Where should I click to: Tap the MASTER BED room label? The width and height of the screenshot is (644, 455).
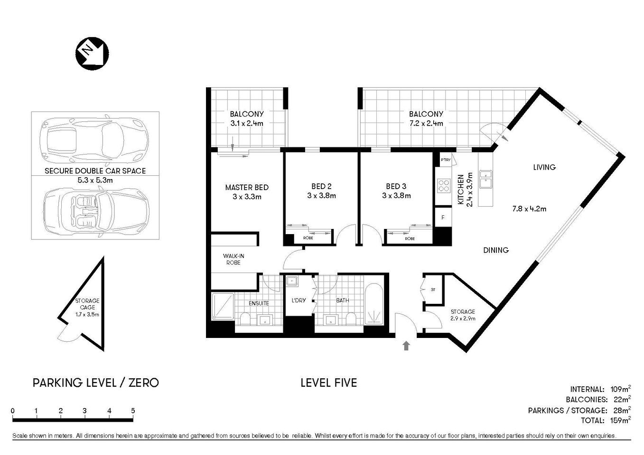(x=247, y=188)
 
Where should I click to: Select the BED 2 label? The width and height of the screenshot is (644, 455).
(x=321, y=186)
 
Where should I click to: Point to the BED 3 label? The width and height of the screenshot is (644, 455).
(x=396, y=186)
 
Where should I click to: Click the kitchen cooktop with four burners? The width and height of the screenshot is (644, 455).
(x=443, y=185)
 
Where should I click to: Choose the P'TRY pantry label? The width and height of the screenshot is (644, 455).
(x=446, y=160)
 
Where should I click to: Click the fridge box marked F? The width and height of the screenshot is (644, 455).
(x=443, y=218)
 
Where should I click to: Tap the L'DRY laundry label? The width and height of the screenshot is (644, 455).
(x=299, y=300)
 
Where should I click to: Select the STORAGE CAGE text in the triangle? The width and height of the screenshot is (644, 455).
(x=87, y=304)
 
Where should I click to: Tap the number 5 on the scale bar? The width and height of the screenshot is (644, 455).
(x=133, y=410)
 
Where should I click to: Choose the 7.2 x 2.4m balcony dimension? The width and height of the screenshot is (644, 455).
(x=426, y=123)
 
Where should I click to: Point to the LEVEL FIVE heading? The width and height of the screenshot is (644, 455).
(x=328, y=382)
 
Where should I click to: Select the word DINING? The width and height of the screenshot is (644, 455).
(x=495, y=250)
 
